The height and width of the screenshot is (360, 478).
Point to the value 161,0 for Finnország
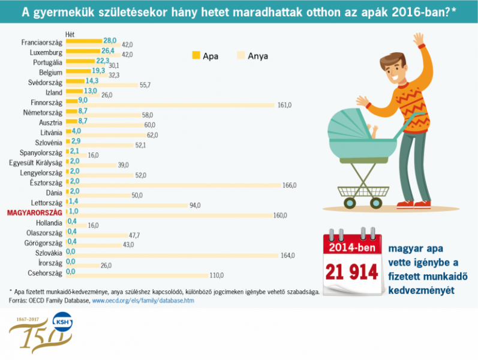click(284, 105)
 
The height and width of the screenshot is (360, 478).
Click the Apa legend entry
click(205, 56)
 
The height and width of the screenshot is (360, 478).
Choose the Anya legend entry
click(252, 56)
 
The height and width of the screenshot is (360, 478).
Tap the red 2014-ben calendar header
click(352, 247)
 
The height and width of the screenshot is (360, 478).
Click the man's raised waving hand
click(418, 41)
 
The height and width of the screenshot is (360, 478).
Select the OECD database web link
click(143, 299)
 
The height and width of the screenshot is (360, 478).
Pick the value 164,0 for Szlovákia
click(288, 256)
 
